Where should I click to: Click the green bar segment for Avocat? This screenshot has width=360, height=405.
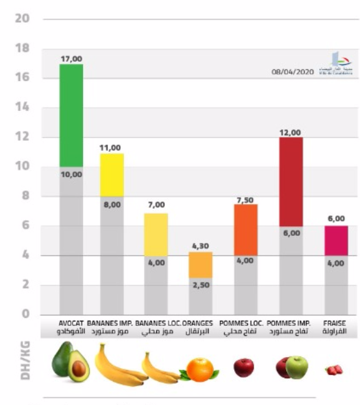click(x=71, y=115)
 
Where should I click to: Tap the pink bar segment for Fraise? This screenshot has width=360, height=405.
click(x=336, y=240)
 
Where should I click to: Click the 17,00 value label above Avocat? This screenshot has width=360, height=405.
click(x=71, y=58)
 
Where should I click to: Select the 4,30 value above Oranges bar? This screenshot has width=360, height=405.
click(x=200, y=246)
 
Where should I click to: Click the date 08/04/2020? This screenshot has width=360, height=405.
click(x=291, y=73)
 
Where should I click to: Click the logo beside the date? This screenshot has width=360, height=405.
click(x=331, y=65)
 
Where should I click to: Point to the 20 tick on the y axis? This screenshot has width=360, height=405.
click(x=22, y=19)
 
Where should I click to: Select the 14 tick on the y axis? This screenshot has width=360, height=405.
click(x=22, y=108)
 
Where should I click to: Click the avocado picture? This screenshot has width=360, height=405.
click(x=70, y=363)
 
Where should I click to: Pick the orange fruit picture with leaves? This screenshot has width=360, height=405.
click(x=200, y=369)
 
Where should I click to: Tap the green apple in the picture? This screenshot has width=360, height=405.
click(x=296, y=367)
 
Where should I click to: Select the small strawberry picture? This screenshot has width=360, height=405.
click(x=334, y=370)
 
